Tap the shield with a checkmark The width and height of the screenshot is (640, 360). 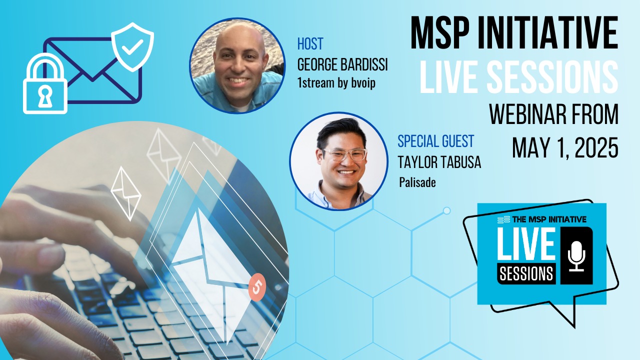tap(132, 47)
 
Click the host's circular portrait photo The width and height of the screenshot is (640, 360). tap(237, 65)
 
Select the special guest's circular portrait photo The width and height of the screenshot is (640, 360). tap(339, 161)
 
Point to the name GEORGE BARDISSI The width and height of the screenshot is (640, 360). tap(342, 64)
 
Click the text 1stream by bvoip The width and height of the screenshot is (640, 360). tap(336, 83)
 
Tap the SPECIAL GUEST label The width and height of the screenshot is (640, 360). tap(435, 141)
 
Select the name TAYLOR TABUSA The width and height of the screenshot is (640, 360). tap(439, 162)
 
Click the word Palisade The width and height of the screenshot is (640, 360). tap(417, 182)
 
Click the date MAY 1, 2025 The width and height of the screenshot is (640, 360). tap(565, 147)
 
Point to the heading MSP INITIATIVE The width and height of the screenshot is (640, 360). tap(514, 33)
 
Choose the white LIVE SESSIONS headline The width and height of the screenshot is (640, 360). tap(519, 77)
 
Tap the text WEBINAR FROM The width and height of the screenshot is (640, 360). tap(553, 114)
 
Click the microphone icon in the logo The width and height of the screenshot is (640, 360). tap(576, 256)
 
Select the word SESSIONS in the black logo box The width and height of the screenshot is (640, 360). tap(526, 273)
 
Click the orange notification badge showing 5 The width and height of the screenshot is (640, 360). tap(257, 287)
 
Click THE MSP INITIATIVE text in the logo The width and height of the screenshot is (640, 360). tap(549, 219)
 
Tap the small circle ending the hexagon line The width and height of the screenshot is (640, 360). tap(446, 211)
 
